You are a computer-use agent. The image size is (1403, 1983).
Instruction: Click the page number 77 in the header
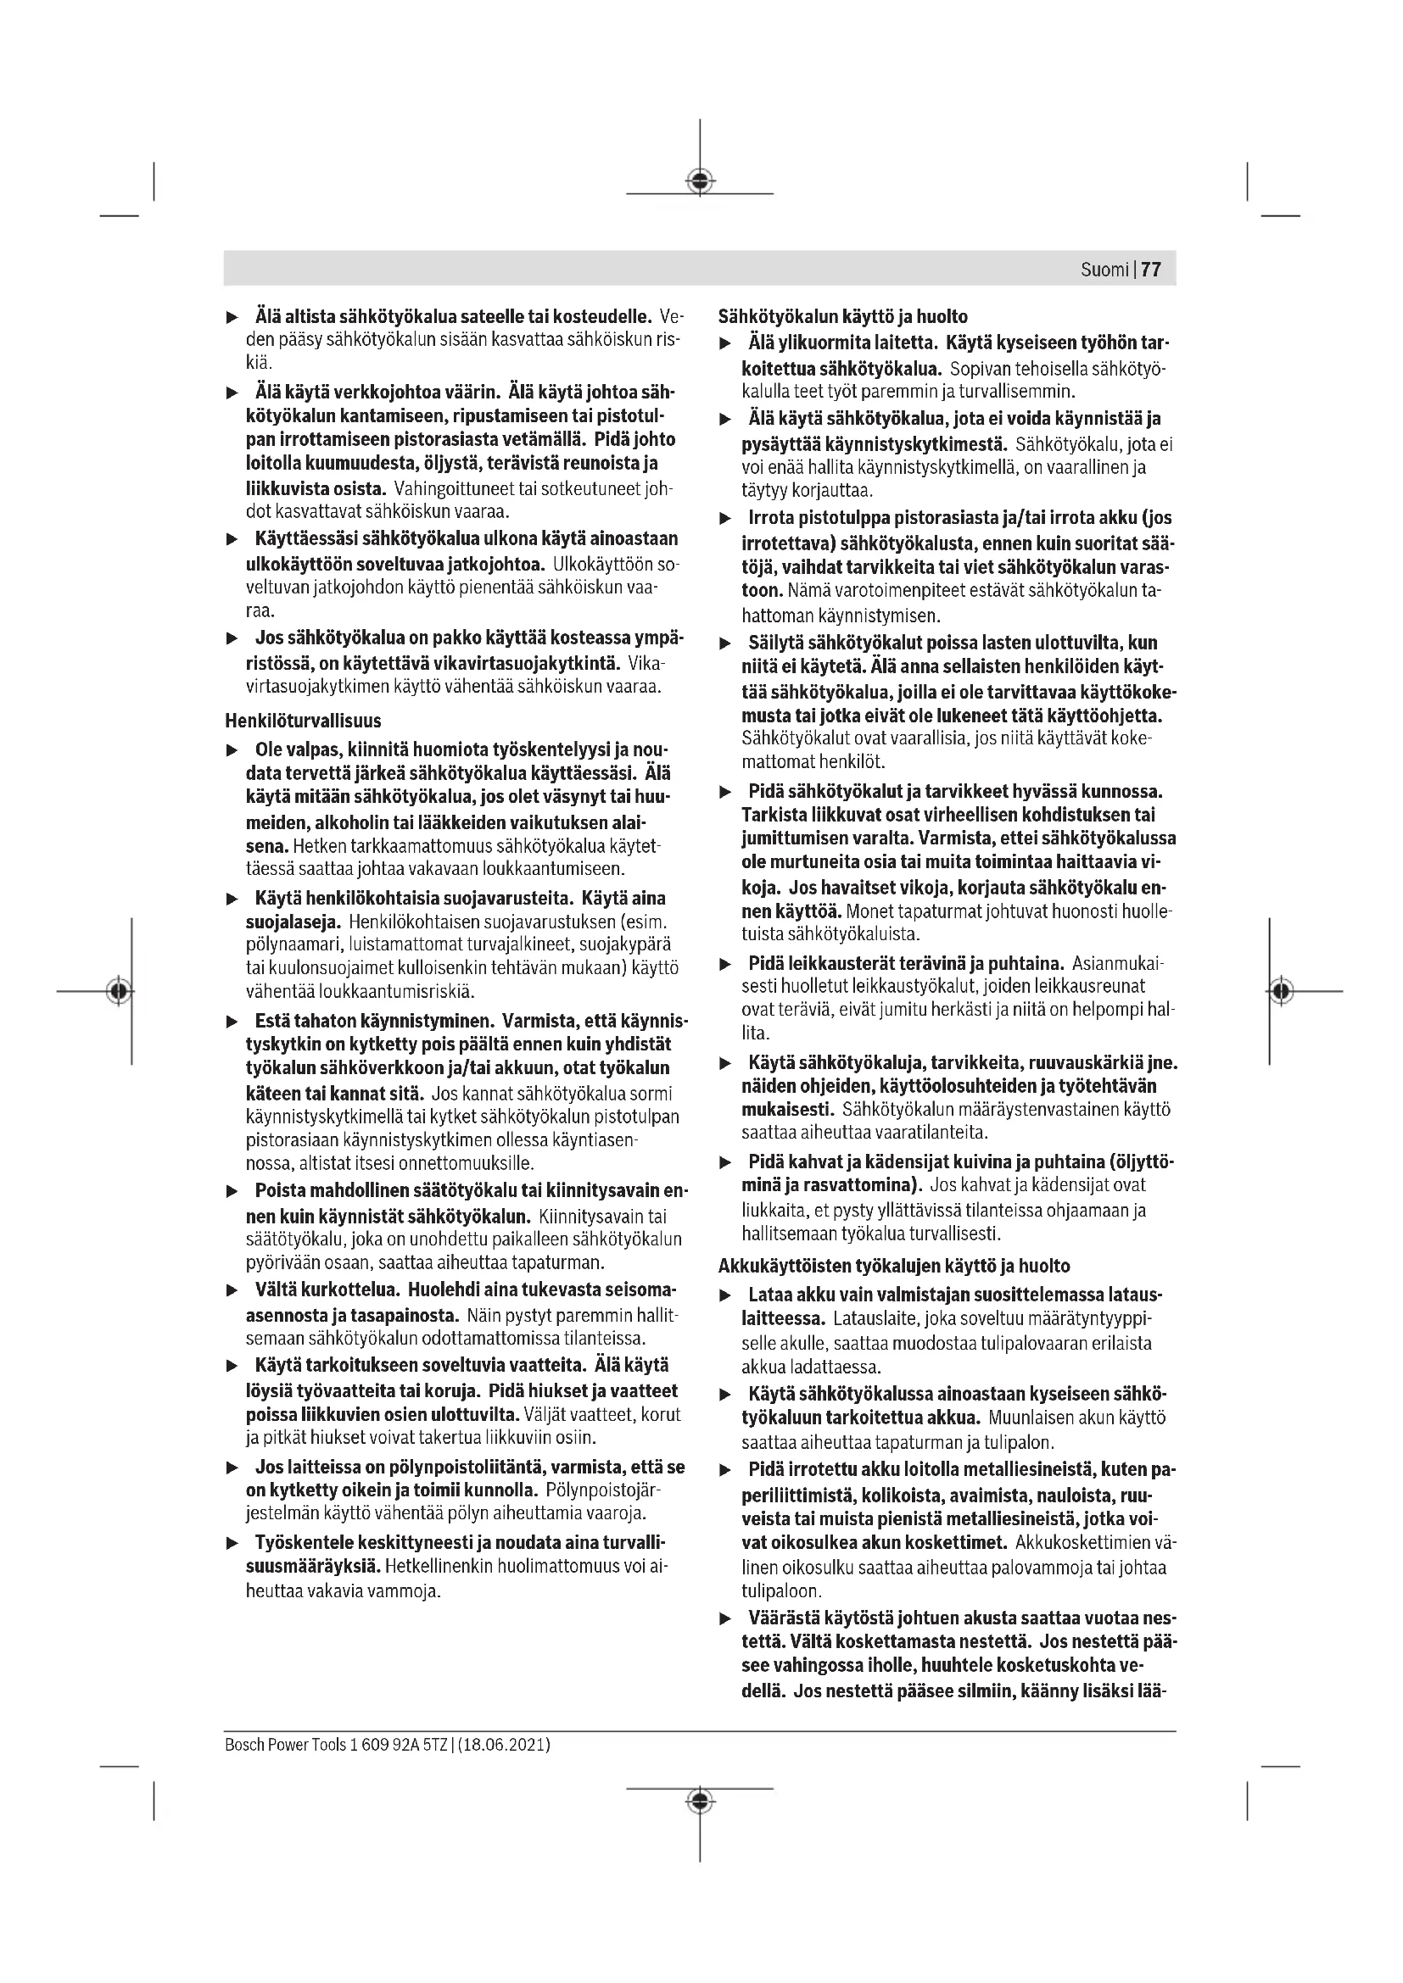pyautogui.click(x=1151, y=270)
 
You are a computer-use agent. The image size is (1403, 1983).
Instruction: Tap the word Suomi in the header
pyautogui.click(x=1104, y=270)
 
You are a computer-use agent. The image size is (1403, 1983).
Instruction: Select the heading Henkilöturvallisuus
pyautogui.click(x=302, y=721)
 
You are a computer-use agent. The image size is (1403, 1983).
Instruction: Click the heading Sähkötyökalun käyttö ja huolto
pyautogui.click(x=842, y=316)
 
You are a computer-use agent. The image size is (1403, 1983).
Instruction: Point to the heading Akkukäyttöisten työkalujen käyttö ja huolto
pyautogui.click(x=894, y=1266)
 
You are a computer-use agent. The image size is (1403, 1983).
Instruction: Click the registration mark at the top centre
pyautogui.click(x=700, y=181)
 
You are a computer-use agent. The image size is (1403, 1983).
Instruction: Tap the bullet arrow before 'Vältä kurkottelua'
pyautogui.click(x=232, y=1291)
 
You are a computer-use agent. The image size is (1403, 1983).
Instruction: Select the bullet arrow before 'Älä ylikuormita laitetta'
pyautogui.click(x=726, y=343)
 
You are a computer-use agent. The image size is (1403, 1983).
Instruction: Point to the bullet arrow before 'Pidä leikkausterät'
pyautogui.click(x=726, y=964)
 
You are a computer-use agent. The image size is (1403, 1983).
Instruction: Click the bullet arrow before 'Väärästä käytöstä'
pyautogui.click(x=726, y=1618)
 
